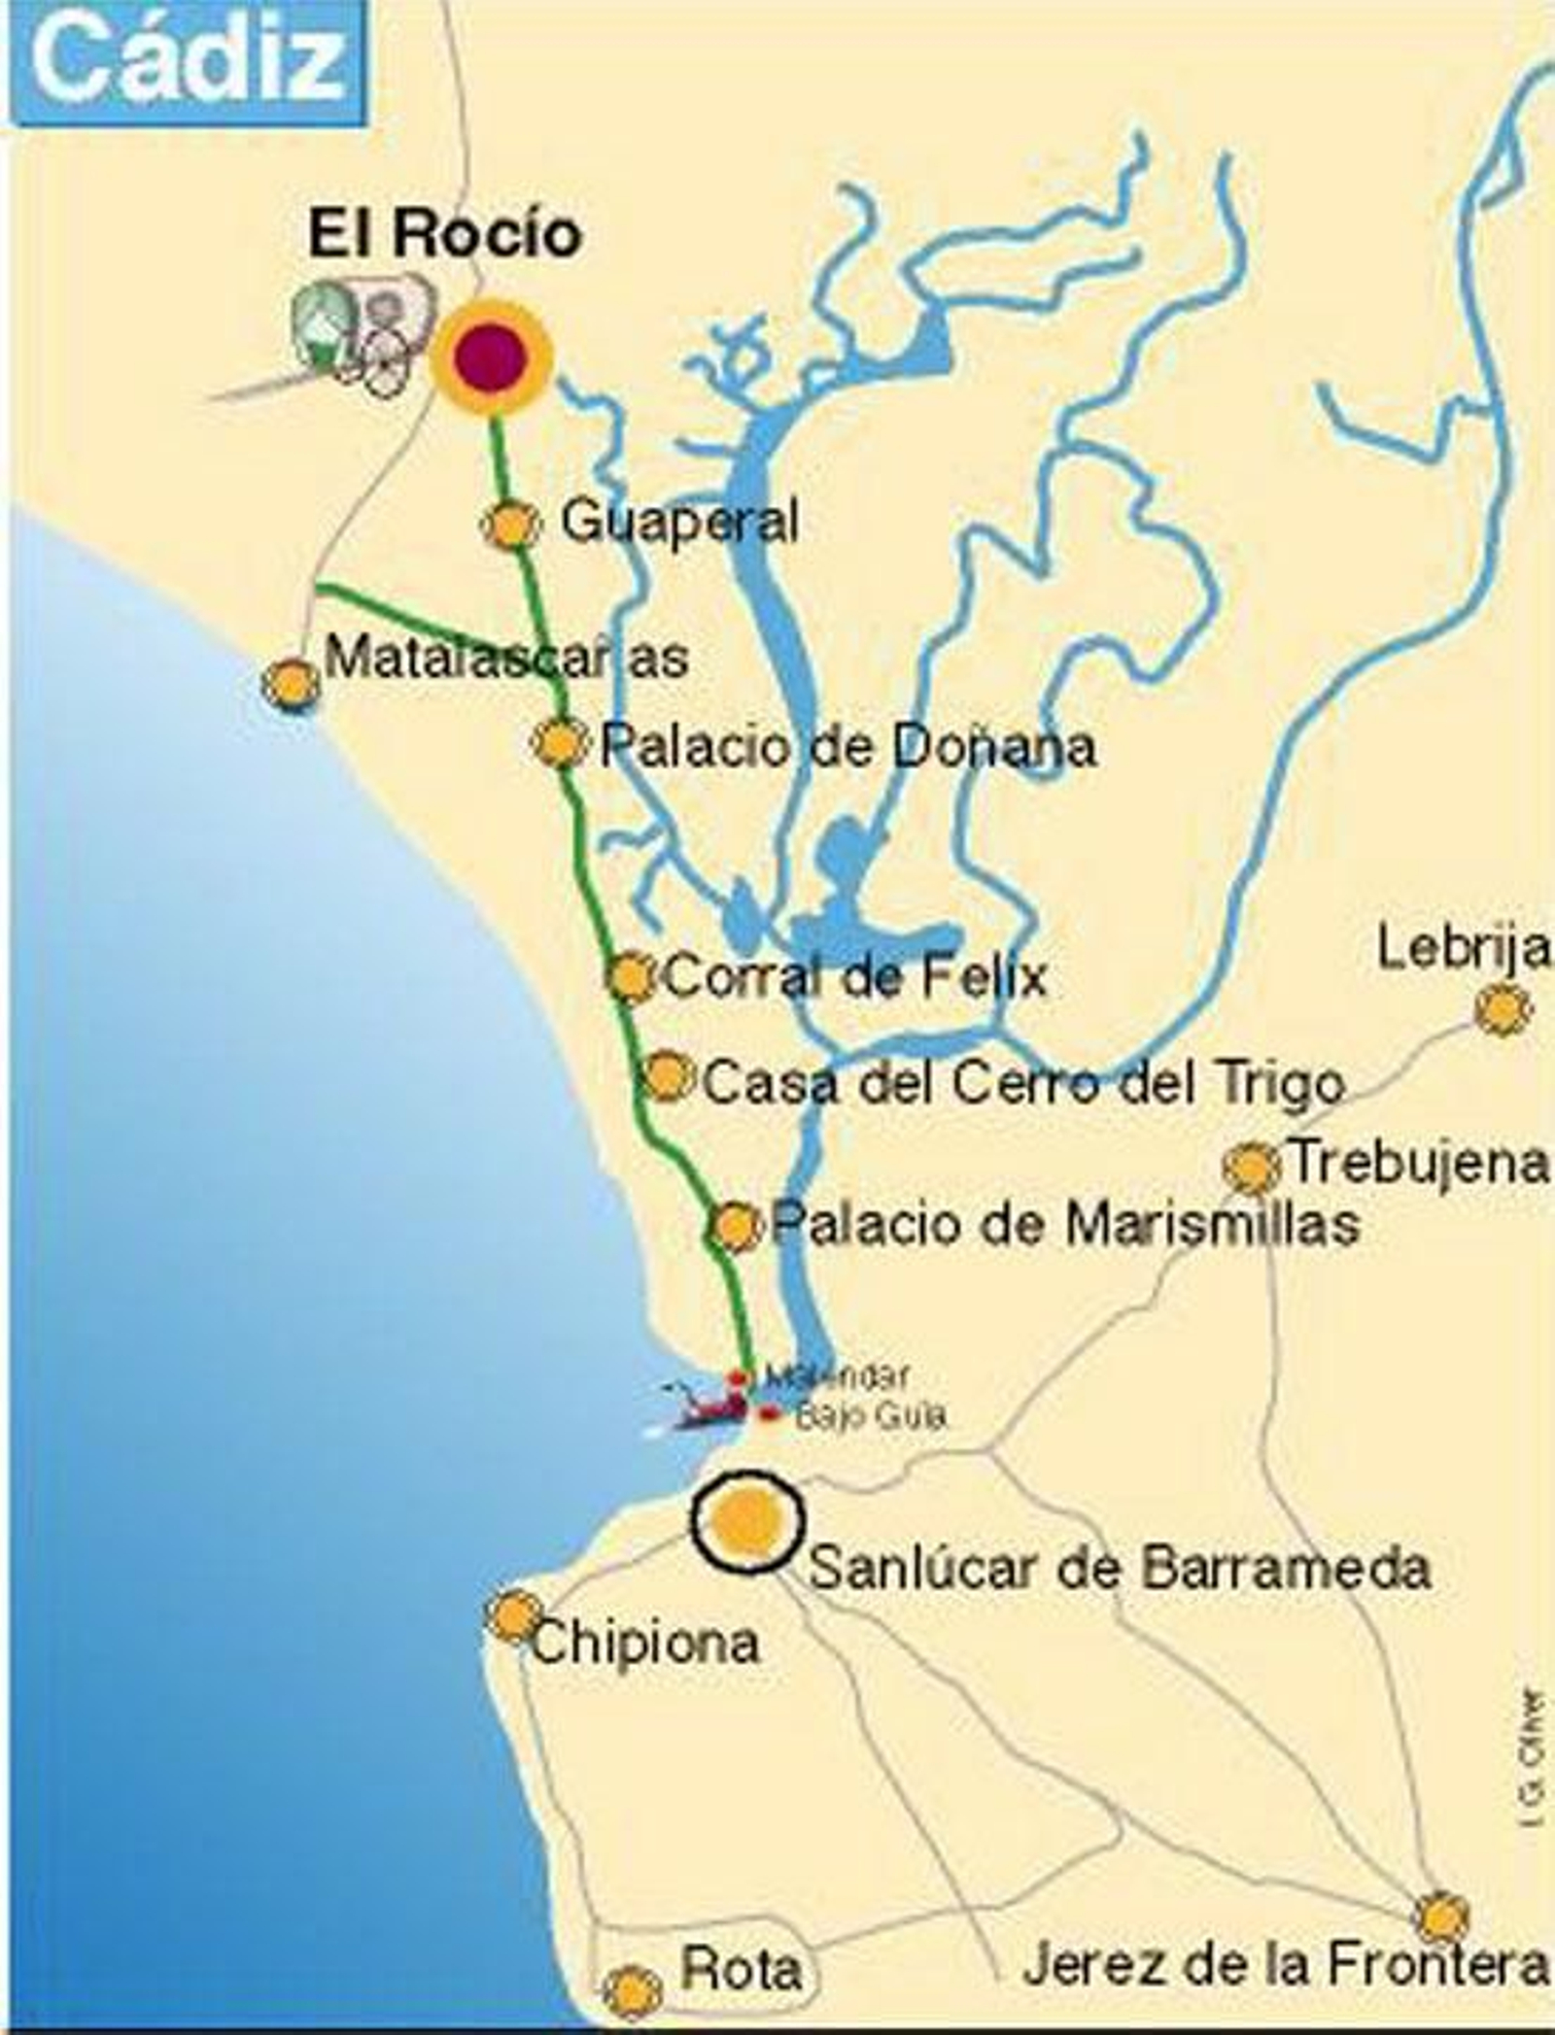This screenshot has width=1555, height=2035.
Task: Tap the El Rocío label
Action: coord(445,236)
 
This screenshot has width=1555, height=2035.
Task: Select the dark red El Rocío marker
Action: coord(491,356)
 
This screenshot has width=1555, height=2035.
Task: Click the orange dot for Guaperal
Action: coord(509,525)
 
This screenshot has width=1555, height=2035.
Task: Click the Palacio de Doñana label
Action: coord(847,747)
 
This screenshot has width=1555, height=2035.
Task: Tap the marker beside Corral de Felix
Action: coord(631,976)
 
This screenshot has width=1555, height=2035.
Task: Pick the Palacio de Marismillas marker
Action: coord(735,1227)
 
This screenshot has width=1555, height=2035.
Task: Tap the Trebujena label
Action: coord(1417,1163)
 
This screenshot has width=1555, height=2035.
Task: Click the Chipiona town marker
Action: coord(514,1616)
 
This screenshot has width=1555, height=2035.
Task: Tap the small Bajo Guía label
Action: coord(870,1415)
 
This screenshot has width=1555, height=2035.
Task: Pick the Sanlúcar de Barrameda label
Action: coord(1119,1568)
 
